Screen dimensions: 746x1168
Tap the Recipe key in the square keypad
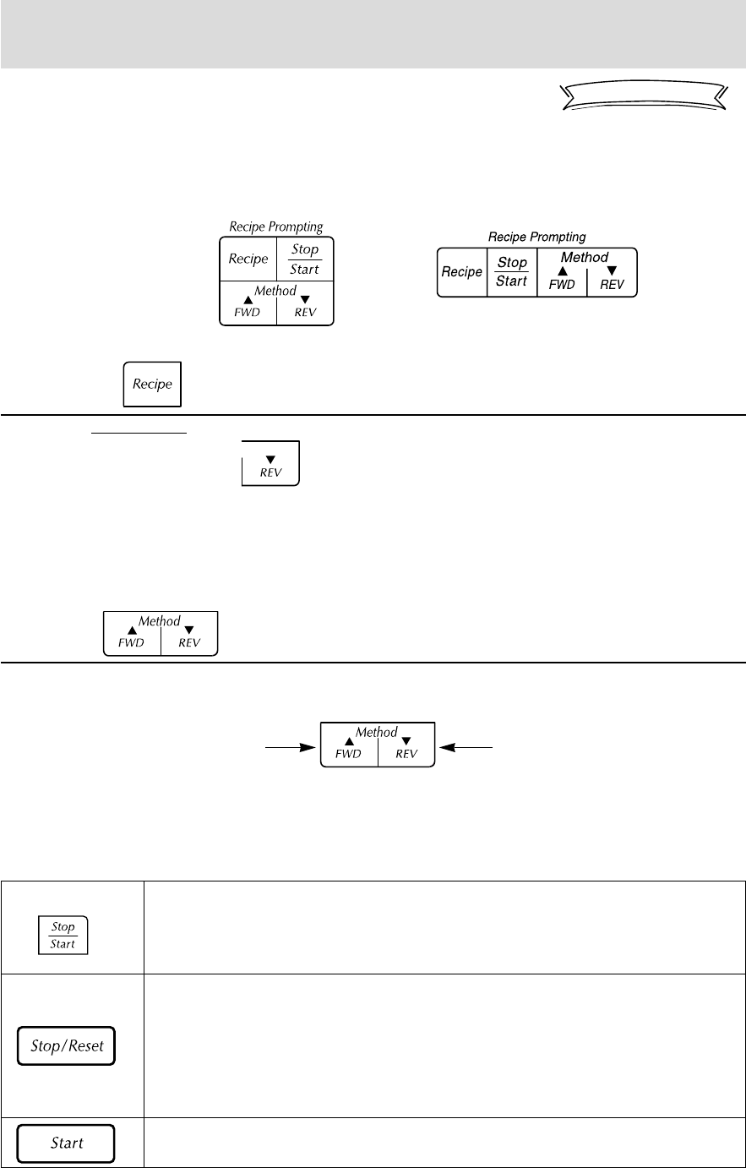coord(248,259)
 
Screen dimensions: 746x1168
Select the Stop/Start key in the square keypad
coord(304,259)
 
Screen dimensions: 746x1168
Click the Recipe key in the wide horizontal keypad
coord(462,272)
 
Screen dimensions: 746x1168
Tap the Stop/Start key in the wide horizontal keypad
coord(511,272)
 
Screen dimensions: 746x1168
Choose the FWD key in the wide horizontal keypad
coord(562,280)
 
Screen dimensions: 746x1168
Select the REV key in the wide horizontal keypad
coord(612,280)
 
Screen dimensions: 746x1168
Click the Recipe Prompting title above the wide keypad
coord(536,237)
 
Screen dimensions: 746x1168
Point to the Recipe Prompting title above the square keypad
coord(276,227)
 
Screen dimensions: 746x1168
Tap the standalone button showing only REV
coord(270,463)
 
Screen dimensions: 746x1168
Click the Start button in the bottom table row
coord(67,1143)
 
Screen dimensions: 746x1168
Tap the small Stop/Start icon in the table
coord(63,935)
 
